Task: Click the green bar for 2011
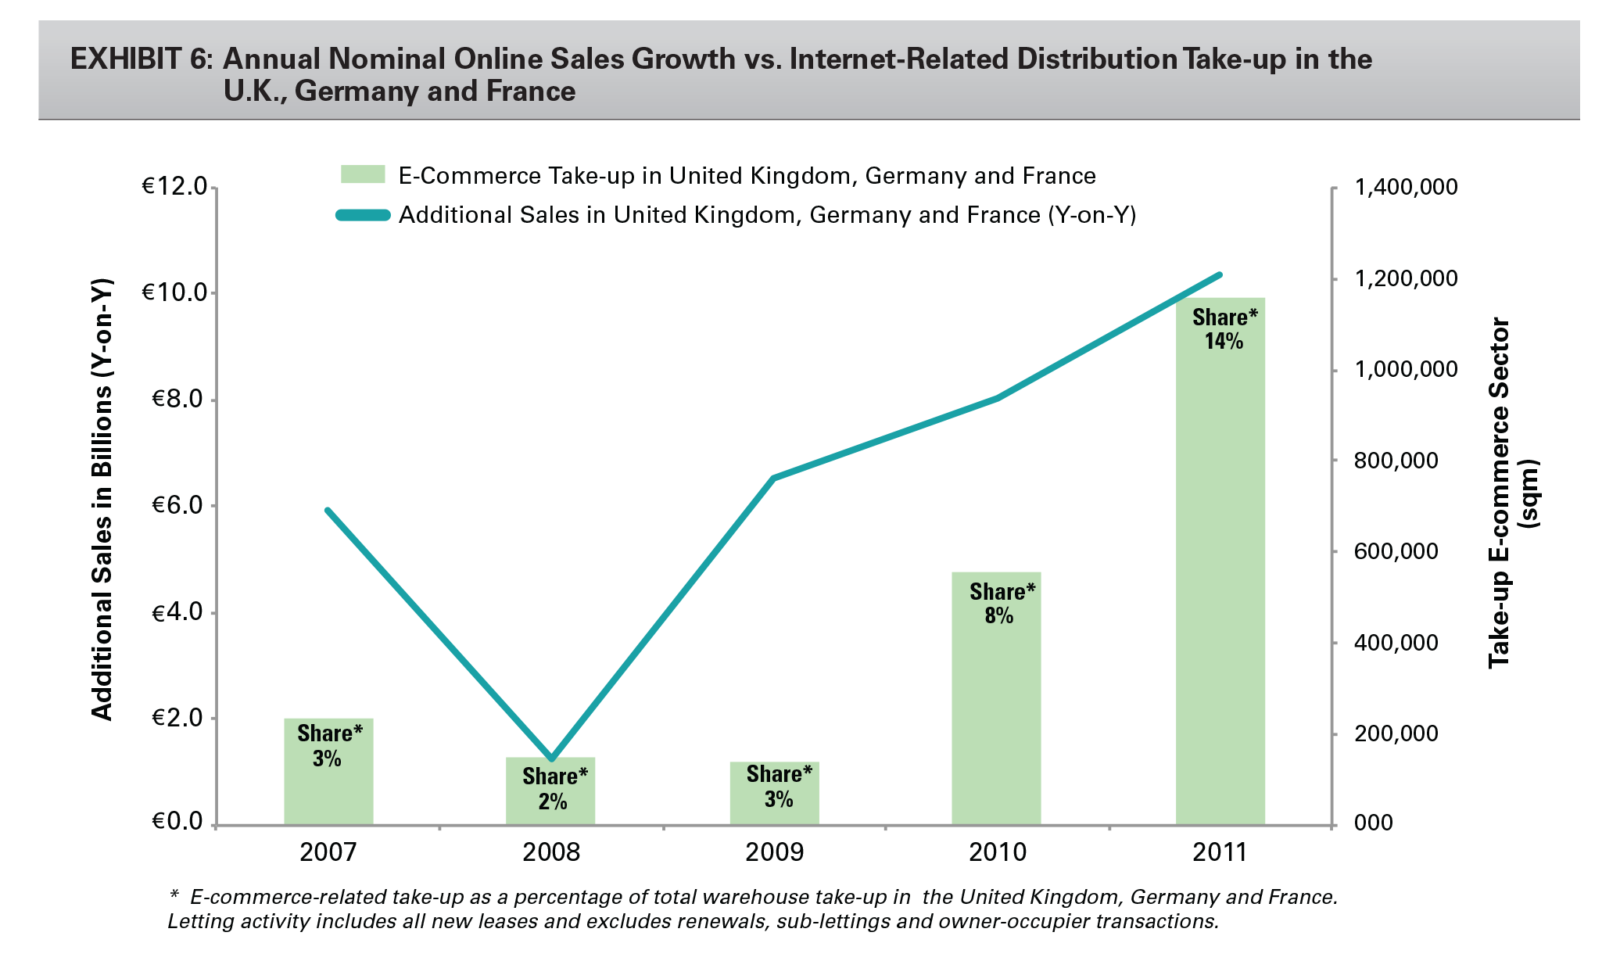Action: click(1220, 563)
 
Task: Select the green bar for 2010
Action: click(996, 704)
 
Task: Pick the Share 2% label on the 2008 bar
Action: click(554, 788)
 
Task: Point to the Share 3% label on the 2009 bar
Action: click(779, 786)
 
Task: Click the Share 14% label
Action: click(1224, 329)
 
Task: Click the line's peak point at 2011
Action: click(1220, 274)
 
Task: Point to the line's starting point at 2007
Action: click(328, 511)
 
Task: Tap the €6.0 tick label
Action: click(177, 506)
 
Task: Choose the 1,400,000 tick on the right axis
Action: click(1406, 187)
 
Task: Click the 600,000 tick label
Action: click(1396, 551)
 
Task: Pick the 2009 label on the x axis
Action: click(774, 852)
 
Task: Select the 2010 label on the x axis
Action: click(998, 852)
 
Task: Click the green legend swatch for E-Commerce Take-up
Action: click(363, 174)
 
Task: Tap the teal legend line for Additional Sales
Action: click(363, 215)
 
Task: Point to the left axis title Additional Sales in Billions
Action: click(102, 500)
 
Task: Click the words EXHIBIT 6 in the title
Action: click(141, 59)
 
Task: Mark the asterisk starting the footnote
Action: click(174, 895)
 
